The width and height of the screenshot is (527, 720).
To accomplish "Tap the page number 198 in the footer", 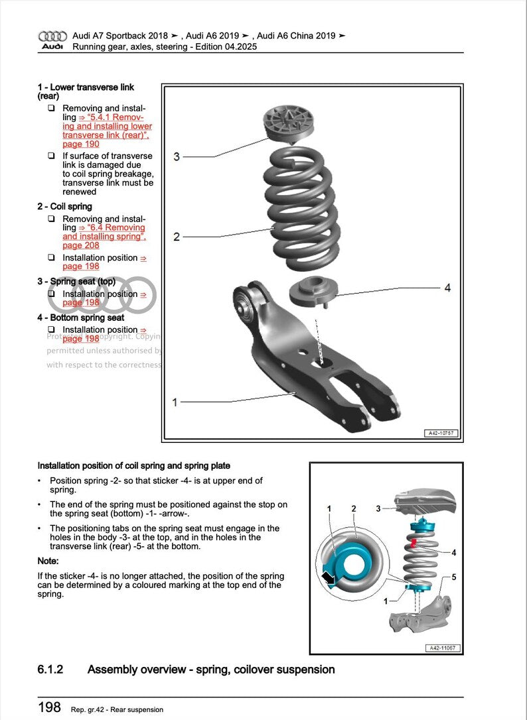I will click(49, 707).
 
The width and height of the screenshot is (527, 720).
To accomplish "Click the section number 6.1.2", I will click(50, 670).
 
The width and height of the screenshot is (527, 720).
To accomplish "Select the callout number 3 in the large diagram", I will click(177, 156).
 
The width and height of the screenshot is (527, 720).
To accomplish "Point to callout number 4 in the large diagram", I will click(447, 288).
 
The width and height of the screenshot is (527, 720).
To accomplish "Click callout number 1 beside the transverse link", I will click(175, 402).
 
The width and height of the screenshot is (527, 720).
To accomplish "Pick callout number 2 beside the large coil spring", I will click(177, 237).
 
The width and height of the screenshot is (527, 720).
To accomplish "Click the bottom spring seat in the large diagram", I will click(314, 290).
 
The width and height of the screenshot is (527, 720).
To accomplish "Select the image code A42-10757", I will click(441, 433).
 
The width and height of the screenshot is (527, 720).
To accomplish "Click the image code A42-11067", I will click(441, 648).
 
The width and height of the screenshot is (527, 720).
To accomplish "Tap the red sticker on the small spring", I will click(414, 544).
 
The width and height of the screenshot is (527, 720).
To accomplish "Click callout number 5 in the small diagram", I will click(454, 577).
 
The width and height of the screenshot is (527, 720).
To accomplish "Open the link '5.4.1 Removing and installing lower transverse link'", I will click(106, 126).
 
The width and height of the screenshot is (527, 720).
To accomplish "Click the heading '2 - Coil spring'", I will click(65, 206).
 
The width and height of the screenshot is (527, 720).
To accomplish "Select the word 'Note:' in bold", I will click(48, 562).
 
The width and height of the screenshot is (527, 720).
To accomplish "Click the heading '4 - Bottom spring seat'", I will click(81, 318).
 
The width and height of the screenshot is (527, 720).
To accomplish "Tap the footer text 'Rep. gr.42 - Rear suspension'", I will click(117, 709).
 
